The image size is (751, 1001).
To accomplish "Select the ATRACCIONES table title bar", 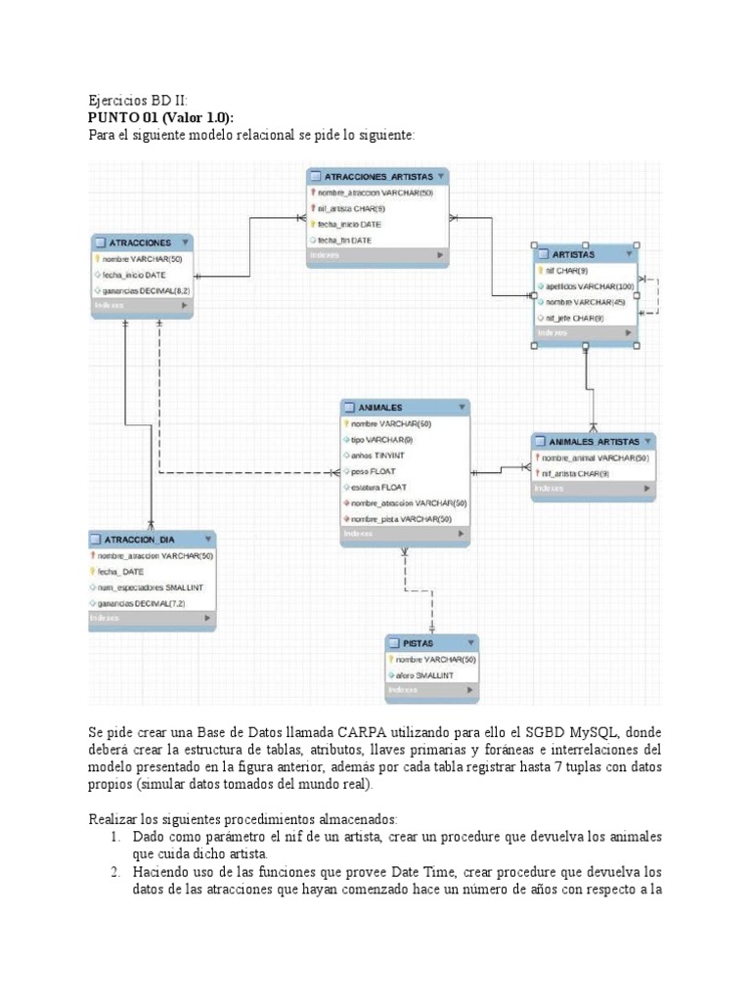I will pos(140,242).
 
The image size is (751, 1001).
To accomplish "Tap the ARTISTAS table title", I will pos(573,254).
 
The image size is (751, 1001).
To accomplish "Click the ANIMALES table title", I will pos(380,408).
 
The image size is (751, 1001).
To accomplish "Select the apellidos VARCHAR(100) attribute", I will pos(585,286).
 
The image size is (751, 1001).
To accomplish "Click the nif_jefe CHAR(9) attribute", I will pos(574,318).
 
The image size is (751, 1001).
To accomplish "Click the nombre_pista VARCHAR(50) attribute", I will pos(401,518).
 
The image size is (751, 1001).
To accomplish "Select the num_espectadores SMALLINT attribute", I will pos(151,588).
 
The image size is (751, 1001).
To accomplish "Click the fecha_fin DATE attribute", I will pos(343,239).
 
